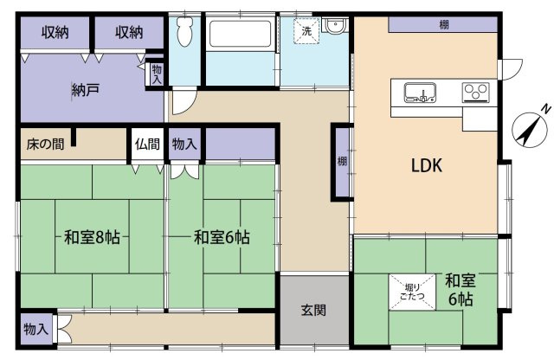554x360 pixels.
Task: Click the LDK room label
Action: point(426,166)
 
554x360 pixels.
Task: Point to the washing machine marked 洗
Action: point(306,31)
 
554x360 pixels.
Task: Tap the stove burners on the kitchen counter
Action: point(475,91)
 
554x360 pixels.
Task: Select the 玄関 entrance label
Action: point(313,311)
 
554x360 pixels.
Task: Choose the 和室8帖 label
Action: point(91,237)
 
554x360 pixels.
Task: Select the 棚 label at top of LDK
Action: point(443,24)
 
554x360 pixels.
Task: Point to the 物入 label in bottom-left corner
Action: point(35,330)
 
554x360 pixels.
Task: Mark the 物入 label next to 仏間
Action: point(183,145)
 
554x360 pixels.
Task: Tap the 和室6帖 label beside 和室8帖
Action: point(222,237)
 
